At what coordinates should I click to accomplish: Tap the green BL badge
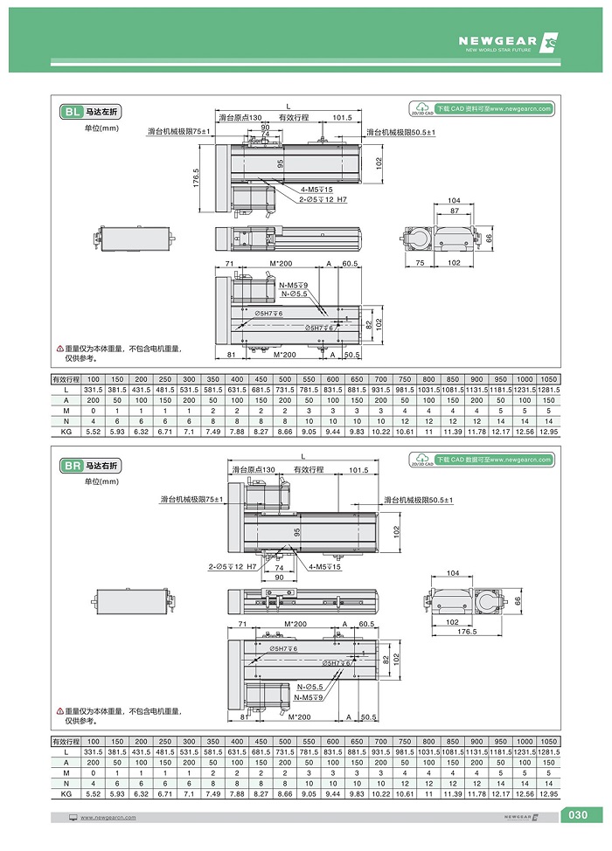pos(71,112)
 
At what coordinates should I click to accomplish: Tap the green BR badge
pos(71,467)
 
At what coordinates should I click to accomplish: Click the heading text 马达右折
pos(103,467)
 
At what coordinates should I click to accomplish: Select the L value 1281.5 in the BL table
pos(548,389)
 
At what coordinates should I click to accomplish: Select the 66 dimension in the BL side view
pos(490,238)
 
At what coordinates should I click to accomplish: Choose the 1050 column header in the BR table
pos(548,742)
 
